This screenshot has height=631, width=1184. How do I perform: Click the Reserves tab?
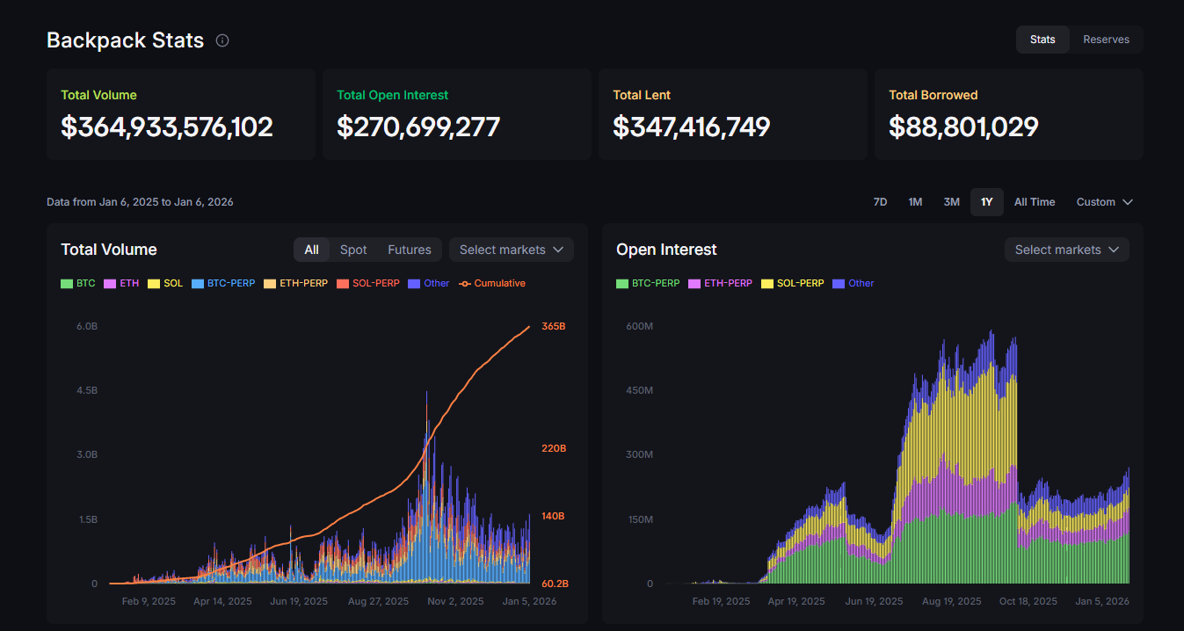point(1106,40)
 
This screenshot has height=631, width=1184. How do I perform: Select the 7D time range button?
point(880,202)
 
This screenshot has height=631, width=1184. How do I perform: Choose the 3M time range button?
point(951,202)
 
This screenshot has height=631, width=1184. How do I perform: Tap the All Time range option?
point(1035,202)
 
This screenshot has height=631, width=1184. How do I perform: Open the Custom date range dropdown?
point(1104,202)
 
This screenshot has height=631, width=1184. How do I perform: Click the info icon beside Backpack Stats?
point(222,40)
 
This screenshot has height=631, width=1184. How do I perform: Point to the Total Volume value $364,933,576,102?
point(167,127)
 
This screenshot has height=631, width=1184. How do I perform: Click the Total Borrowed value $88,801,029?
point(963,127)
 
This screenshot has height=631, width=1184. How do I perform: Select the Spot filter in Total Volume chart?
point(353,250)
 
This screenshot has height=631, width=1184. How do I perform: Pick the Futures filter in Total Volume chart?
point(410,250)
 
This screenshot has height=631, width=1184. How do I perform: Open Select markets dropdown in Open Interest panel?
point(1066,250)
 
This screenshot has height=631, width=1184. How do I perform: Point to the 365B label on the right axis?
point(553,326)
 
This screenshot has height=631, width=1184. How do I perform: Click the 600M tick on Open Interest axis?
point(639,326)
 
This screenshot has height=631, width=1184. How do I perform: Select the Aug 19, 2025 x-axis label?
point(953,602)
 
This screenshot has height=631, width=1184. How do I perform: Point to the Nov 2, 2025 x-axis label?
point(455,602)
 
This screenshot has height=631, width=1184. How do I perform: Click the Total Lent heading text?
point(642,95)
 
